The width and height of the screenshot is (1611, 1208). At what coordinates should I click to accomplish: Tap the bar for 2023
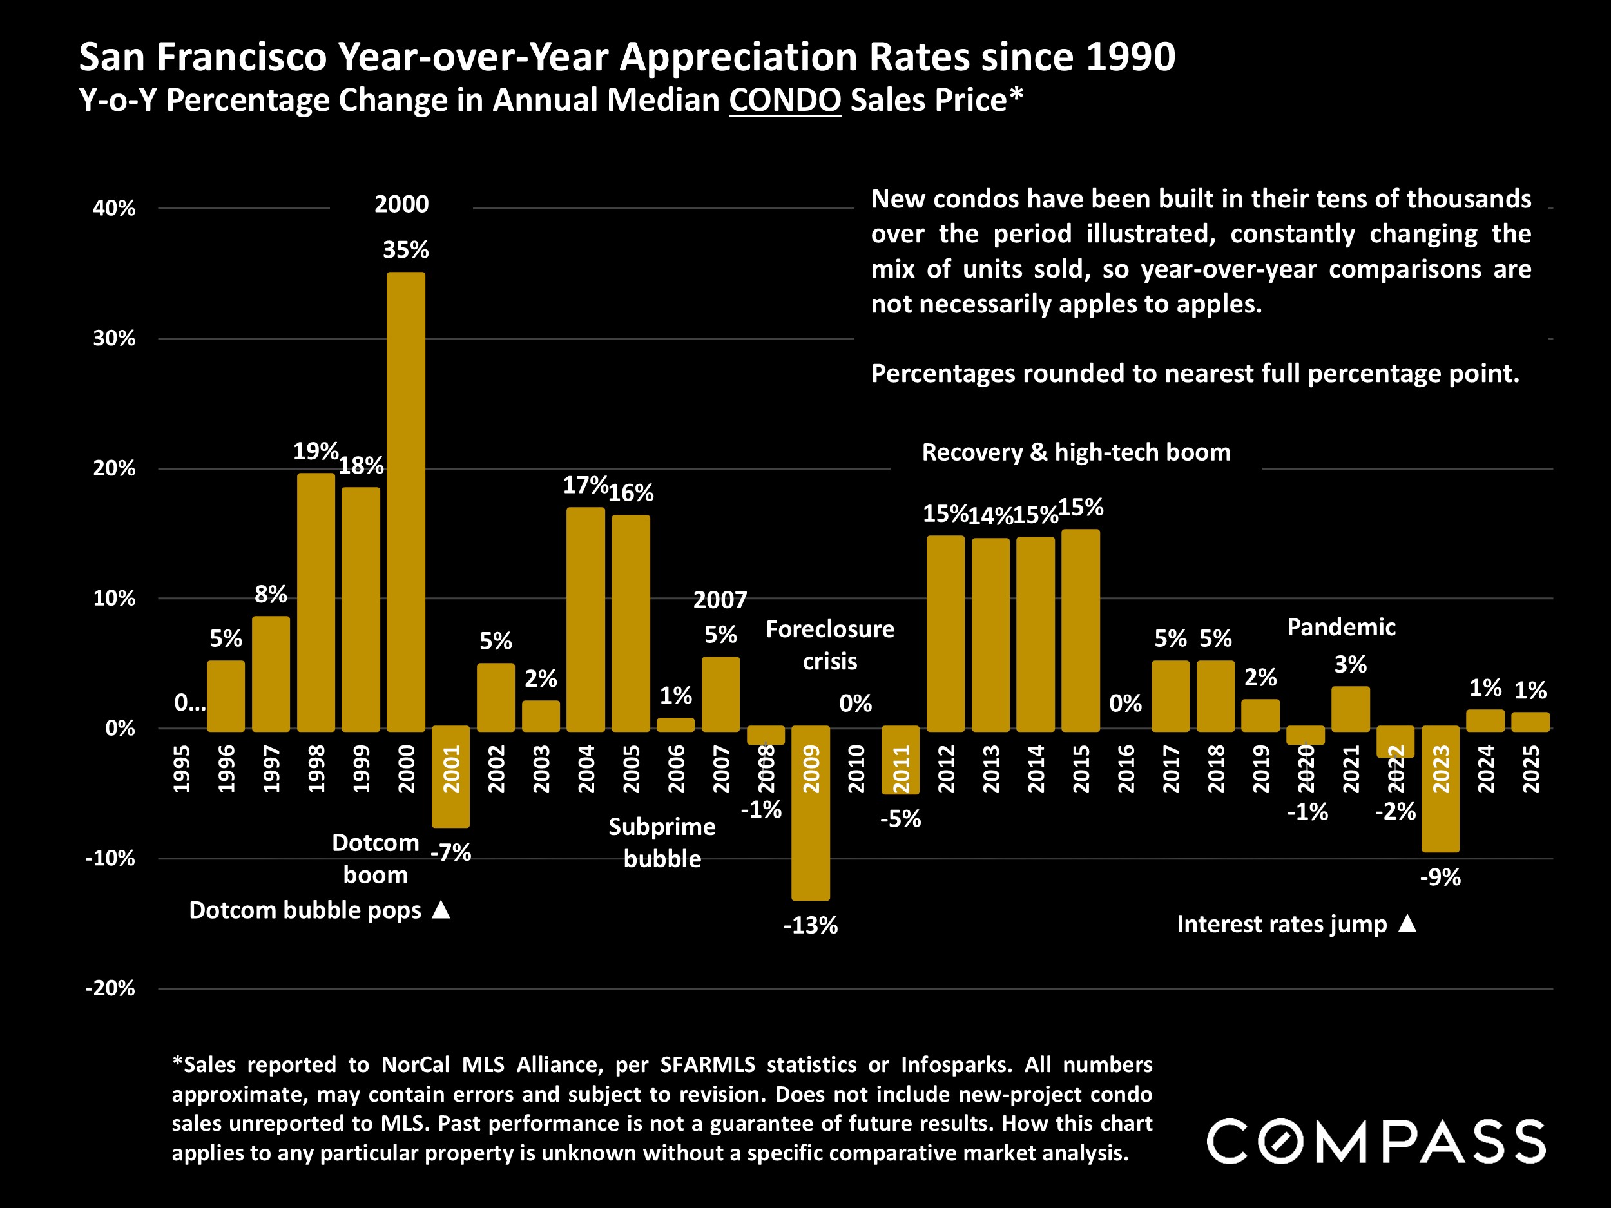click(x=1441, y=789)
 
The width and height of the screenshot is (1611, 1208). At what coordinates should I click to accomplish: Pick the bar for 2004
click(x=586, y=619)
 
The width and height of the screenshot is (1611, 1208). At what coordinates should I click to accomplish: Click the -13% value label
click(x=811, y=925)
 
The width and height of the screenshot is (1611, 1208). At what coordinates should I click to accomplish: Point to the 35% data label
click(x=406, y=250)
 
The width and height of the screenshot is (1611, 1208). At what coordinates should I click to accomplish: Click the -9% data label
click(x=1441, y=877)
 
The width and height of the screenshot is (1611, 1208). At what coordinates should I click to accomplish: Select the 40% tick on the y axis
click(x=113, y=208)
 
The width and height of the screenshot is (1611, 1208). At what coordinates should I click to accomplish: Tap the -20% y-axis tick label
click(x=110, y=988)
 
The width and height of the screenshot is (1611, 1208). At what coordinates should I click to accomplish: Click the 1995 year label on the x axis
click(x=181, y=768)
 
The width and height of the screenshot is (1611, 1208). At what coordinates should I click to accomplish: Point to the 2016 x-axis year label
click(x=1126, y=768)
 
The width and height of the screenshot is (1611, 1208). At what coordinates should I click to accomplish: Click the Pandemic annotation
click(x=1341, y=627)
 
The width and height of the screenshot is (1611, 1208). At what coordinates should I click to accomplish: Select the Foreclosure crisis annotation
click(x=829, y=645)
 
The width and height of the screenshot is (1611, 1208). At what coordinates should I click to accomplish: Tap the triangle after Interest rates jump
click(x=1408, y=923)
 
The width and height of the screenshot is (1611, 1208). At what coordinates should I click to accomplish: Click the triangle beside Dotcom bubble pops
click(x=441, y=910)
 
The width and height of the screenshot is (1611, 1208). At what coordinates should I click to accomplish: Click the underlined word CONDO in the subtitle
click(x=784, y=100)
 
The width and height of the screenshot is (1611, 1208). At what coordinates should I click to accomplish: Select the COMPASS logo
click(x=1376, y=1141)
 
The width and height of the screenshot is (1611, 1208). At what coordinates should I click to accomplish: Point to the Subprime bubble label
click(x=662, y=843)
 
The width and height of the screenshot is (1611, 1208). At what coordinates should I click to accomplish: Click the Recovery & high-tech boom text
click(x=1076, y=452)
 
